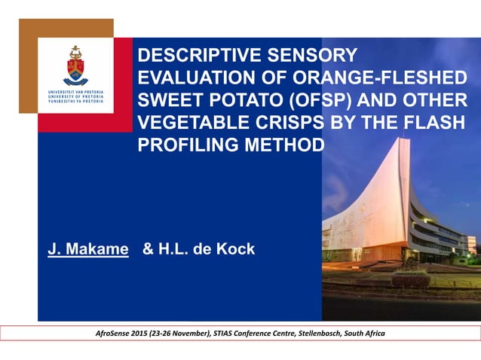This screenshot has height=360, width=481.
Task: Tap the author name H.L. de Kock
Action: pyautogui.click(x=207, y=249)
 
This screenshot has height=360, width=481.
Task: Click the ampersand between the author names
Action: pyautogui.click(x=149, y=249)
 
